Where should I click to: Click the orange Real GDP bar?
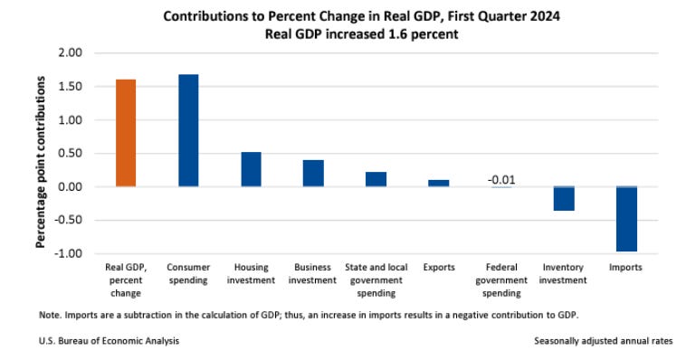click(126, 133)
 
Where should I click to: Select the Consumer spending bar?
click(188, 130)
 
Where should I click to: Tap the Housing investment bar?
click(251, 169)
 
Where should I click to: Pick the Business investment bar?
click(313, 174)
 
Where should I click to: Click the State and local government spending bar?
click(376, 179)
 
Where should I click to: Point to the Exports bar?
click(438, 183)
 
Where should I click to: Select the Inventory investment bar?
click(564, 198)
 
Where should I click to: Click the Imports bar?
click(626, 218)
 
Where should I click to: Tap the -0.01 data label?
click(500, 179)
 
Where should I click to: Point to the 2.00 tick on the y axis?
click(69, 53)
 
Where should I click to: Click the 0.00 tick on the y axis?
click(69, 186)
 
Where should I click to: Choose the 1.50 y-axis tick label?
click(69, 87)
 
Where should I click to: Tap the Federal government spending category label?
click(500, 280)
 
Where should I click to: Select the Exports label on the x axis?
click(438, 268)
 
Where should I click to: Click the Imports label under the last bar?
click(626, 268)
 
